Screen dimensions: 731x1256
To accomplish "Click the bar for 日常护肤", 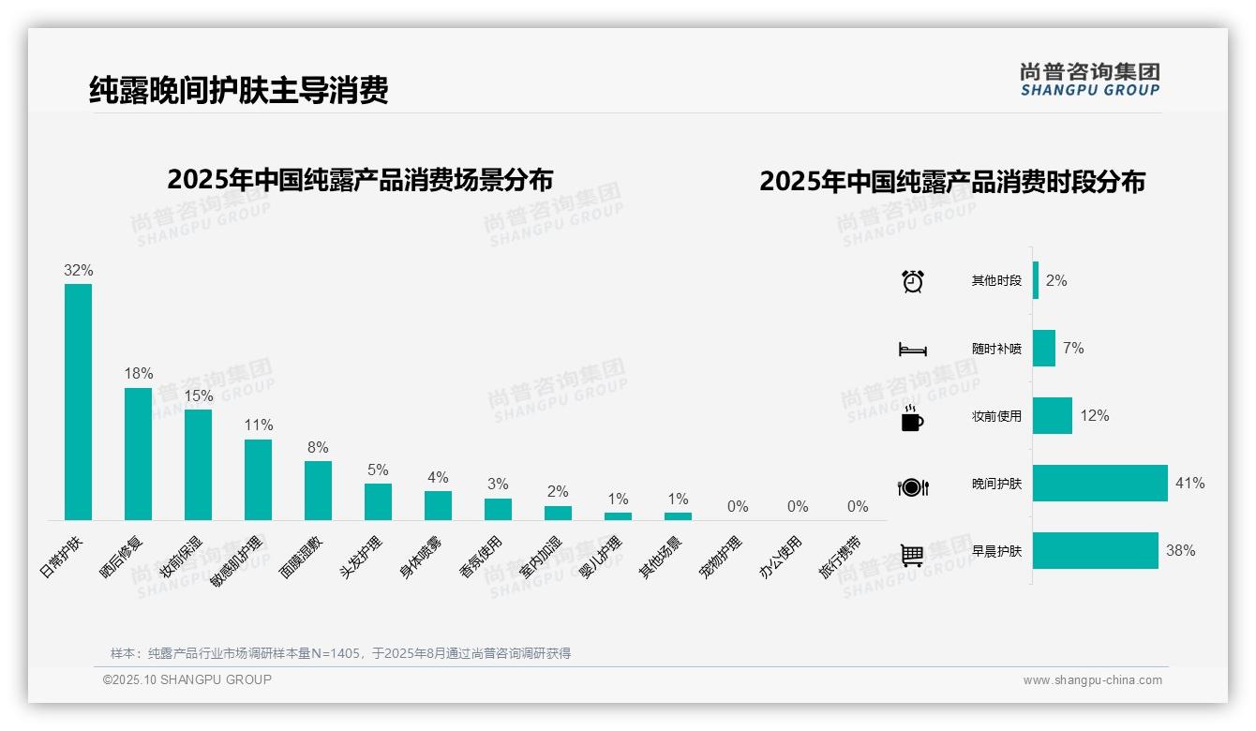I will point(78,402).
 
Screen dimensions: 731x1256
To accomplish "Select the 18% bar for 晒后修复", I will point(138,455).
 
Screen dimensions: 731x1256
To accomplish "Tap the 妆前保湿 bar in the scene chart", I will point(198,465).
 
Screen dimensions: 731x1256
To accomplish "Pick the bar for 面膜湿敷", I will point(318,490).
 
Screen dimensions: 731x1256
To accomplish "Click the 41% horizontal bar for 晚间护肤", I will point(1100,484).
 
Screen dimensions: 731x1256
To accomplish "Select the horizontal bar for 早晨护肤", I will point(1096,551).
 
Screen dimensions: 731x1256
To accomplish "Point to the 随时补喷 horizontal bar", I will point(1044,349).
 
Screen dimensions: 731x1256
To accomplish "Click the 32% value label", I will point(79,270).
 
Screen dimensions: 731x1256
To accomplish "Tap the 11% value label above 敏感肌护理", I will point(259,425).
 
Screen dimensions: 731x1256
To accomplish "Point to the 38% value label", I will point(1181,551).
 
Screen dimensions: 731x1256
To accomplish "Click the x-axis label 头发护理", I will point(362,558).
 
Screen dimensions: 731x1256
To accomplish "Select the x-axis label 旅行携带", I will point(840,558).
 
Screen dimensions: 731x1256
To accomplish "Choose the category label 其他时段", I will point(996,281).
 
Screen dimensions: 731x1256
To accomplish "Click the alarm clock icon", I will point(913,281).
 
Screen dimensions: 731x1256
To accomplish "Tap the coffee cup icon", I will point(912,418).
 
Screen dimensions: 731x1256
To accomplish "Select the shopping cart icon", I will point(912,555).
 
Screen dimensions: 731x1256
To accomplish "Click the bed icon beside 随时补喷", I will point(912,350).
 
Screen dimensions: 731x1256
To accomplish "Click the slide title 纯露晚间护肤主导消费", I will point(239,90).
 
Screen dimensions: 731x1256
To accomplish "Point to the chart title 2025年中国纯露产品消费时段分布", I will point(952,182).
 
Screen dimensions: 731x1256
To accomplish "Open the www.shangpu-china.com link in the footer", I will point(1092,680).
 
